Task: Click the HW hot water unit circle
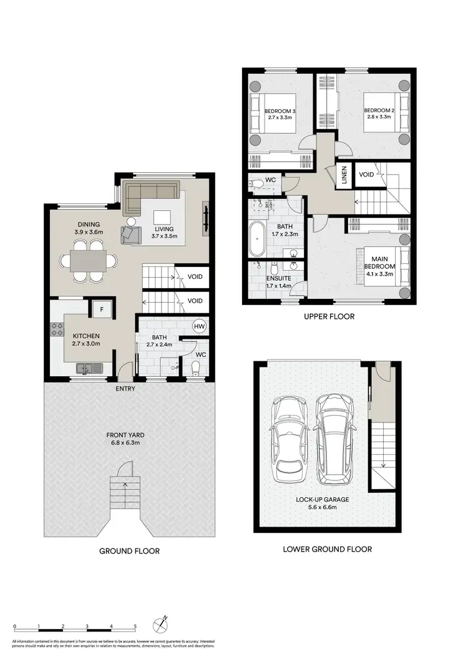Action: click(200, 326)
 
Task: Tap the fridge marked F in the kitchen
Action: click(100, 308)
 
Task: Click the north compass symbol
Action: click(162, 625)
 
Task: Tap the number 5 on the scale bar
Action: click(135, 626)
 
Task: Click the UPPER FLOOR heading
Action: click(329, 316)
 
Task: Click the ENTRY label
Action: click(125, 389)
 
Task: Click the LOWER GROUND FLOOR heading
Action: click(327, 549)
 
